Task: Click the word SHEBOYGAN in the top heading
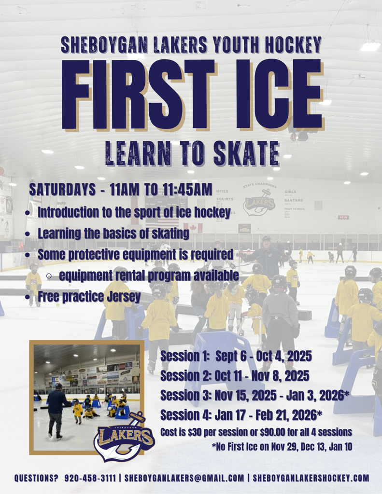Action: tap(104, 44)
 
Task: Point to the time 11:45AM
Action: tap(187, 190)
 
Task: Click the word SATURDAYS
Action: tap(62, 190)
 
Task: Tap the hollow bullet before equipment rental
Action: tap(49, 276)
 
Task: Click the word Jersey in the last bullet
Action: tap(124, 297)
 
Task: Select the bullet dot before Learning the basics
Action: tap(28, 234)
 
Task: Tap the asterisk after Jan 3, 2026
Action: tap(346, 393)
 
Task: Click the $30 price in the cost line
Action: tap(195, 432)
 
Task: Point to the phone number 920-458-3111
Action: tap(90, 478)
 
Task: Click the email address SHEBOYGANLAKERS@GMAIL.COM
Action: tap(184, 478)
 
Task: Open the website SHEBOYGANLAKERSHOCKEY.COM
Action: tap(311, 478)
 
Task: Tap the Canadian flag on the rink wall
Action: tap(192, 228)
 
